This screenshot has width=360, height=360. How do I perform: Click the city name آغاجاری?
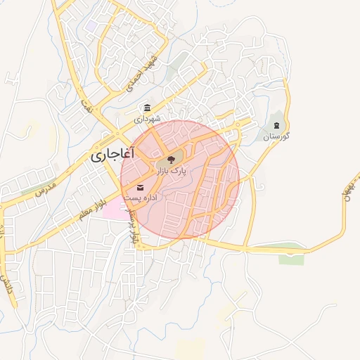coord(112,154)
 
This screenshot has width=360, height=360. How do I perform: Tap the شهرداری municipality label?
coord(148,120)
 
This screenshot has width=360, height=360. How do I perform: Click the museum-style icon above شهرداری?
coord(147,108)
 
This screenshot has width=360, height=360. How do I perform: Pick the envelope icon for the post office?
coord(140,187)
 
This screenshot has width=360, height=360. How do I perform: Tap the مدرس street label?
coord(45,188)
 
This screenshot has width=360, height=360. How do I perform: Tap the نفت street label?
coord(88,107)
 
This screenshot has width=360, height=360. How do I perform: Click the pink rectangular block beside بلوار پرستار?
coord(115,208)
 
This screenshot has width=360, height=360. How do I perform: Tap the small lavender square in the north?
coord(91,25)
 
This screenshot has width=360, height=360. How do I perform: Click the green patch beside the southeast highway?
coord(291,259)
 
